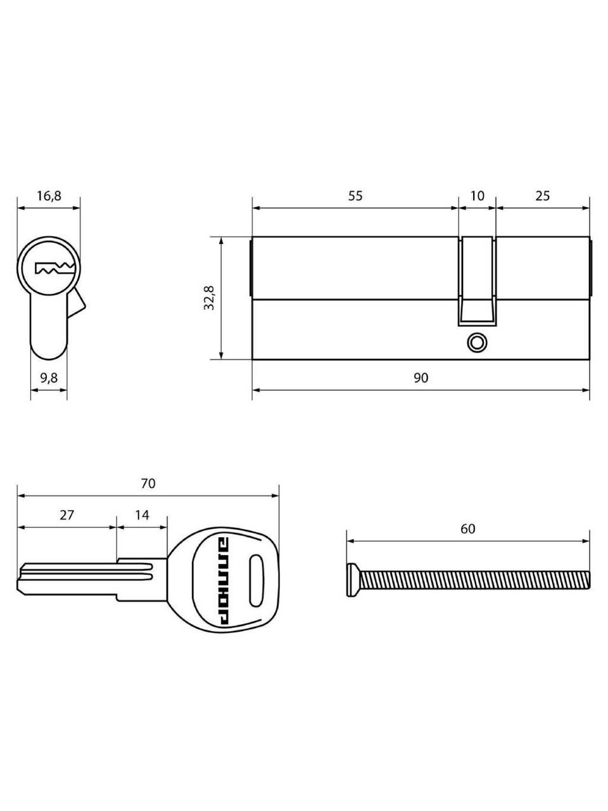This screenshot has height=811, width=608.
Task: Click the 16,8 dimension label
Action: click(x=49, y=196)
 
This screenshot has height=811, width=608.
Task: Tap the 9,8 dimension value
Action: click(x=49, y=378)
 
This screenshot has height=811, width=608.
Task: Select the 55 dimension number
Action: click(x=355, y=195)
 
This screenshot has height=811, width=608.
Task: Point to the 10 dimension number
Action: click(x=478, y=195)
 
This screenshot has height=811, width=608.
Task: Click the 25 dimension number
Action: click(x=542, y=195)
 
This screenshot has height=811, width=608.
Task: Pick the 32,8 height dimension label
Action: click(x=209, y=298)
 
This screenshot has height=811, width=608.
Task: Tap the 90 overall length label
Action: click(x=421, y=378)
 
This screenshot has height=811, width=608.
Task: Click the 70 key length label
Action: click(x=148, y=483)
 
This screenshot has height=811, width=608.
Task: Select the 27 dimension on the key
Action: click(x=67, y=514)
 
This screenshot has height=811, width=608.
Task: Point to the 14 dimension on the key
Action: click(x=142, y=514)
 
